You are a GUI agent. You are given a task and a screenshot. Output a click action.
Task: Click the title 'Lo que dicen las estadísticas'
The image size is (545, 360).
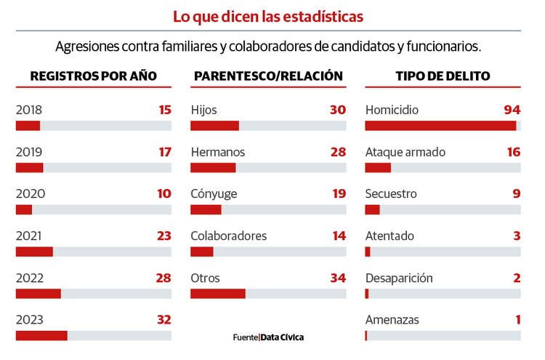(x=268, y=16)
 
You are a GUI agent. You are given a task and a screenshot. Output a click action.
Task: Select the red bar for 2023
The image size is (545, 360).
(x=41, y=335)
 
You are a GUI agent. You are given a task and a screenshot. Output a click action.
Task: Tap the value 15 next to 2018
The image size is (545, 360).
(x=164, y=111)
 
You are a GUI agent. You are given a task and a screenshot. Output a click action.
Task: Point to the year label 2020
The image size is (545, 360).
(x=29, y=194)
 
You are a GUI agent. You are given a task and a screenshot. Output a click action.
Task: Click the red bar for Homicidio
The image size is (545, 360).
(x=440, y=126)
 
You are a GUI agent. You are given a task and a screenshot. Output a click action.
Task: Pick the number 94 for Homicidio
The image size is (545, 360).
(x=512, y=111)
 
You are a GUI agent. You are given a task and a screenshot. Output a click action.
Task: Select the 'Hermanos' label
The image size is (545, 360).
(x=217, y=153)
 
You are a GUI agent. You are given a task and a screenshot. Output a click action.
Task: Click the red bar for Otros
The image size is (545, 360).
(x=218, y=293)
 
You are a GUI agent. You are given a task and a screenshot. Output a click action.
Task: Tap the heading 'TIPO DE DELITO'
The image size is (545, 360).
(x=443, y=76)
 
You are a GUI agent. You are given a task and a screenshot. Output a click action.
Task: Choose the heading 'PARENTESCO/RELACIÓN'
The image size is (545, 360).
(x=268, y=76)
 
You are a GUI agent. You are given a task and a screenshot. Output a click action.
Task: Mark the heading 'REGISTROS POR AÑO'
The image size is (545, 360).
(x=93, y=76)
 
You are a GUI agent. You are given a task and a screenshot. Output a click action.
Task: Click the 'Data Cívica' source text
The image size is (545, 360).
(x=282, y=337)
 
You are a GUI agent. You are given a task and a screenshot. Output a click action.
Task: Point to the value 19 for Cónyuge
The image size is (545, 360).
(x=338, y=194)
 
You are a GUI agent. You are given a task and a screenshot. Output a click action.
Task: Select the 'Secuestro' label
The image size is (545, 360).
(x=391, y=194)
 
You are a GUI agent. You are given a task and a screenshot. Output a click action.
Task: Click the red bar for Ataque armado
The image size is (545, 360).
(x=378, y=168)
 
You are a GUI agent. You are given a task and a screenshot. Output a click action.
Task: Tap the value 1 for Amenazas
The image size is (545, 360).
(x=517, y=320)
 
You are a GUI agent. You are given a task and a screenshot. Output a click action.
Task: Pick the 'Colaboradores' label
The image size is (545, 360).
(x=228, y=236)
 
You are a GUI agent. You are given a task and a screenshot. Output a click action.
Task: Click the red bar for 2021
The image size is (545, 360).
(x=34, y=252)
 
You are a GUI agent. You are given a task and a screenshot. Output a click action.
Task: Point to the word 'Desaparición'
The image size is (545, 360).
(x=399, y=279)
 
